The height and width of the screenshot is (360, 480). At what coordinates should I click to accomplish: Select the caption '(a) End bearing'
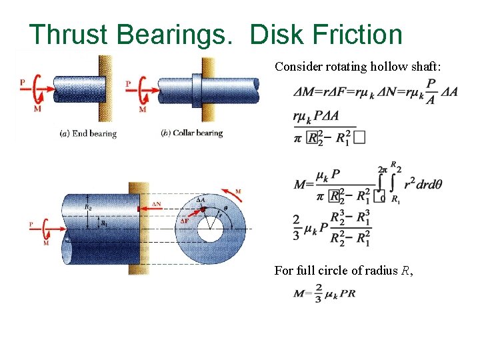point(88,133)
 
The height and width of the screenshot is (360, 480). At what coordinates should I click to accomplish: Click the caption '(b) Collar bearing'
point(192,133)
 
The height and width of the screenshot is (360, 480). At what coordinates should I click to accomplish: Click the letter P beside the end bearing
point(23,82)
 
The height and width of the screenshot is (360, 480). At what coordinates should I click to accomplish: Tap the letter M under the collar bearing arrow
point(142,109)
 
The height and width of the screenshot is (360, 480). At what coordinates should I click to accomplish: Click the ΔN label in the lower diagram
point(156,203)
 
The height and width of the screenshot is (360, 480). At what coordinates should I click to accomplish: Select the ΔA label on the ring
point(200,199)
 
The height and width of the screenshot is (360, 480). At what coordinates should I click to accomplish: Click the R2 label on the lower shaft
point(89,207)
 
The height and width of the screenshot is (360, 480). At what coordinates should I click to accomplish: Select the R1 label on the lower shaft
point(104,223)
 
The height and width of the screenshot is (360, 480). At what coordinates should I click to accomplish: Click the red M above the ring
point(238,191)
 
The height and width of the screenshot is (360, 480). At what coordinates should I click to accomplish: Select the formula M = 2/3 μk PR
point(325,294)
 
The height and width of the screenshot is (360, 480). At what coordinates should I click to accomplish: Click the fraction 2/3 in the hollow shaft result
point(296,226)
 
